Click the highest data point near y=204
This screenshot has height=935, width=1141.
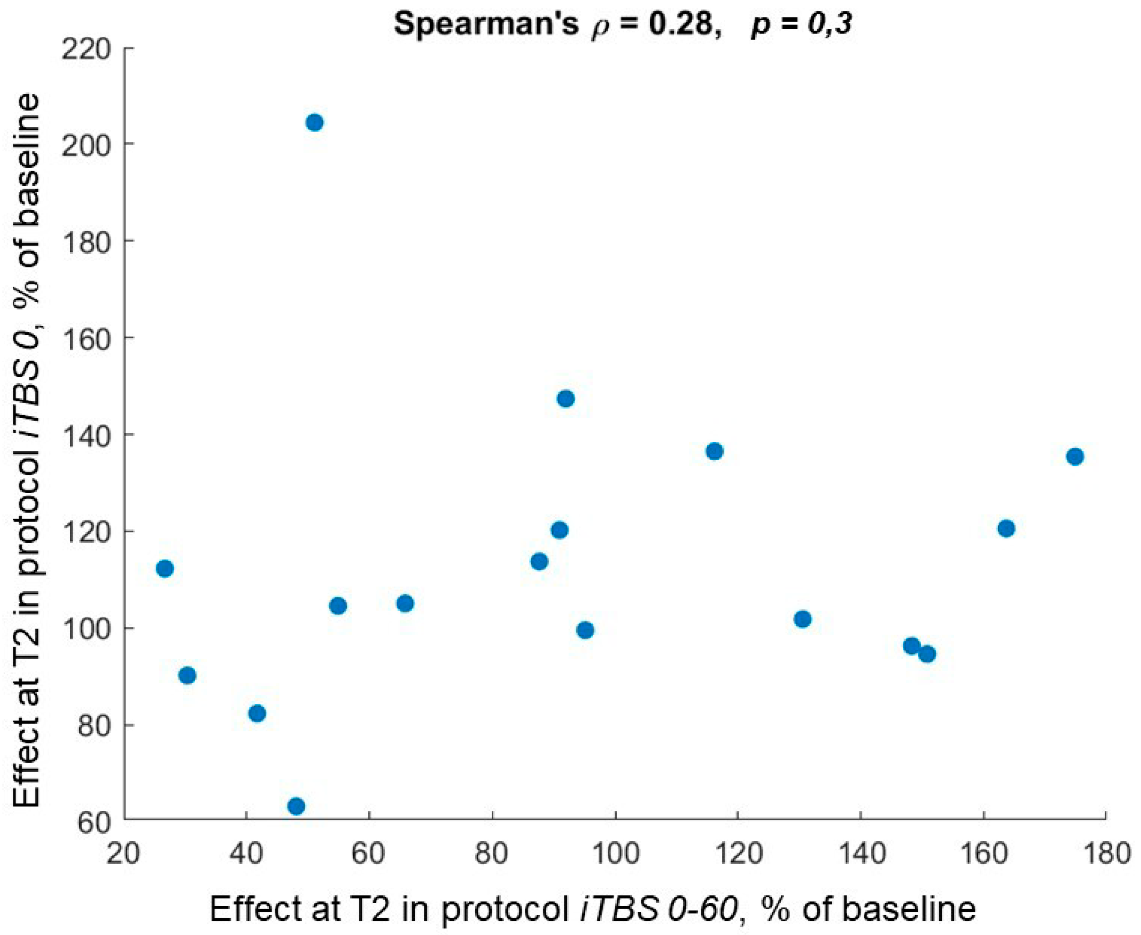tap(314, 123)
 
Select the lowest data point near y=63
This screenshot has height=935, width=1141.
tap(296, 806)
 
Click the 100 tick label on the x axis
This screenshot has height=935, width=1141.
tap(615, 856)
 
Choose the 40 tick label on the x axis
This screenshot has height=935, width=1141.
tap(246, 856)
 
